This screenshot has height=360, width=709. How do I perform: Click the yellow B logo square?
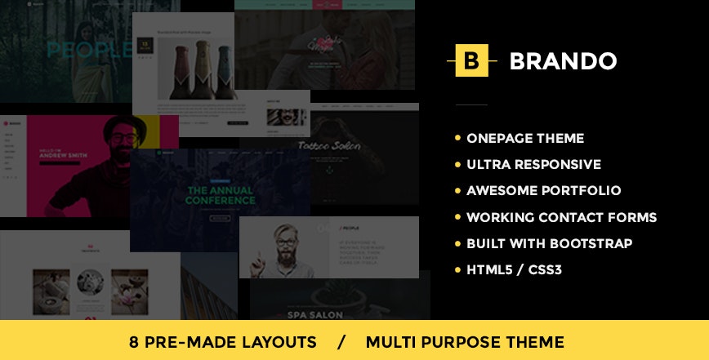(x=470, y=60)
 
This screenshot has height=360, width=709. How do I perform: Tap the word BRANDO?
(x=563, y=61)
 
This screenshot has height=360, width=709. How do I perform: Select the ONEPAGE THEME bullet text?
(x=525, y=138)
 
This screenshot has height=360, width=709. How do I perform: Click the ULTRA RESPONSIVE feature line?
(x=533, y=164)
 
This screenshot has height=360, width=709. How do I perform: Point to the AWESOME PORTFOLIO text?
(x=543, y=190)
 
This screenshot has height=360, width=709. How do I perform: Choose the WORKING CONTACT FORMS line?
(x=561, y=217)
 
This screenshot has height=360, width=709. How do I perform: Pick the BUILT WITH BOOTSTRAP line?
(x=549, y=243)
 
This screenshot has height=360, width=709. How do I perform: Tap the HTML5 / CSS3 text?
(x=514, y=269)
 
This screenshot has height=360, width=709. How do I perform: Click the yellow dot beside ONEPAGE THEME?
(x=457, y=138)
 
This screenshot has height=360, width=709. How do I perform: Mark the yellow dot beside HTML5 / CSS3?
(x=457, y=269)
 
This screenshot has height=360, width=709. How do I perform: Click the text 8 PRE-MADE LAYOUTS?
(x=222, y=341)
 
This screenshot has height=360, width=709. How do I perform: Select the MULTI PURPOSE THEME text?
(x=465, y=341)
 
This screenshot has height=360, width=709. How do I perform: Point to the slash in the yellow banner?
(x=341, y=341)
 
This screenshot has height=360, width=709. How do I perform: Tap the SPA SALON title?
(x=336, y=313)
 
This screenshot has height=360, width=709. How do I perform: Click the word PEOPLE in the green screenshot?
(x=88, y=51)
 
